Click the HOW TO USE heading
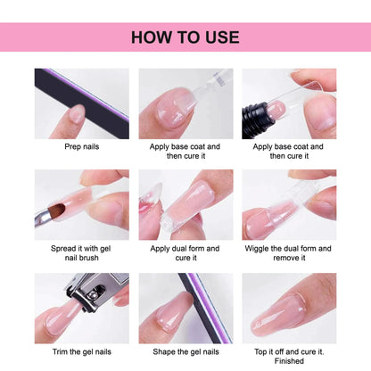click(x=185, y=37)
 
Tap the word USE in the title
click(x=220, y=37)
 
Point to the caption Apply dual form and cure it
click(x=185, y=253)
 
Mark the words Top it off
click(x=268, y=351)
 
